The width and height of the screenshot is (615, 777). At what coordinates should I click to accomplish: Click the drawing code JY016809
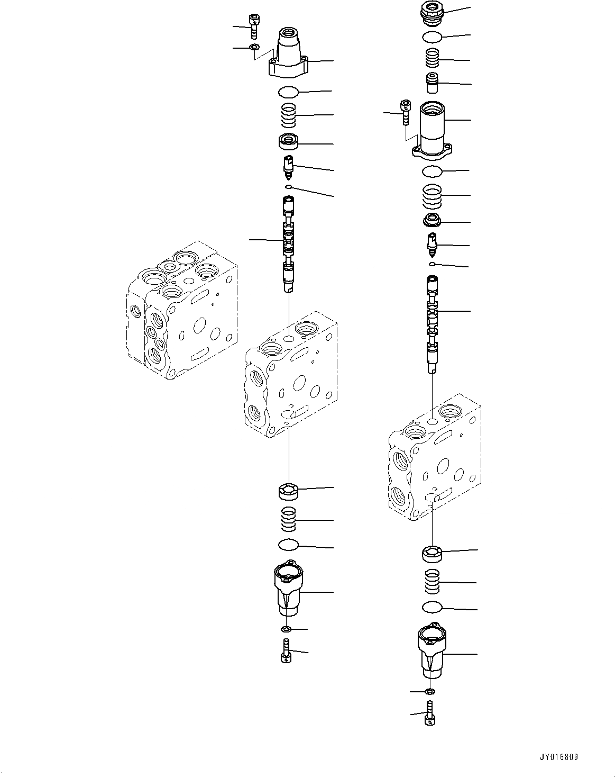(x=559, y=754)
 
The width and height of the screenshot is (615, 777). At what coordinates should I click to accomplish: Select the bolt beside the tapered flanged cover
(x=254, y=26)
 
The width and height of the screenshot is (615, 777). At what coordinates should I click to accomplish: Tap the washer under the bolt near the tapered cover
(x=255, y=47)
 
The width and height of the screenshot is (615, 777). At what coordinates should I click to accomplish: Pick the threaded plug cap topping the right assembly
(x=433, y=13)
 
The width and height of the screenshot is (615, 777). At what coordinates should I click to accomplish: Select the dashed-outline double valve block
(x=182, y=310)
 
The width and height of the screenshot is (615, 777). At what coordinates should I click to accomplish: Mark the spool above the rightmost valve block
(x=433, y=324)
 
